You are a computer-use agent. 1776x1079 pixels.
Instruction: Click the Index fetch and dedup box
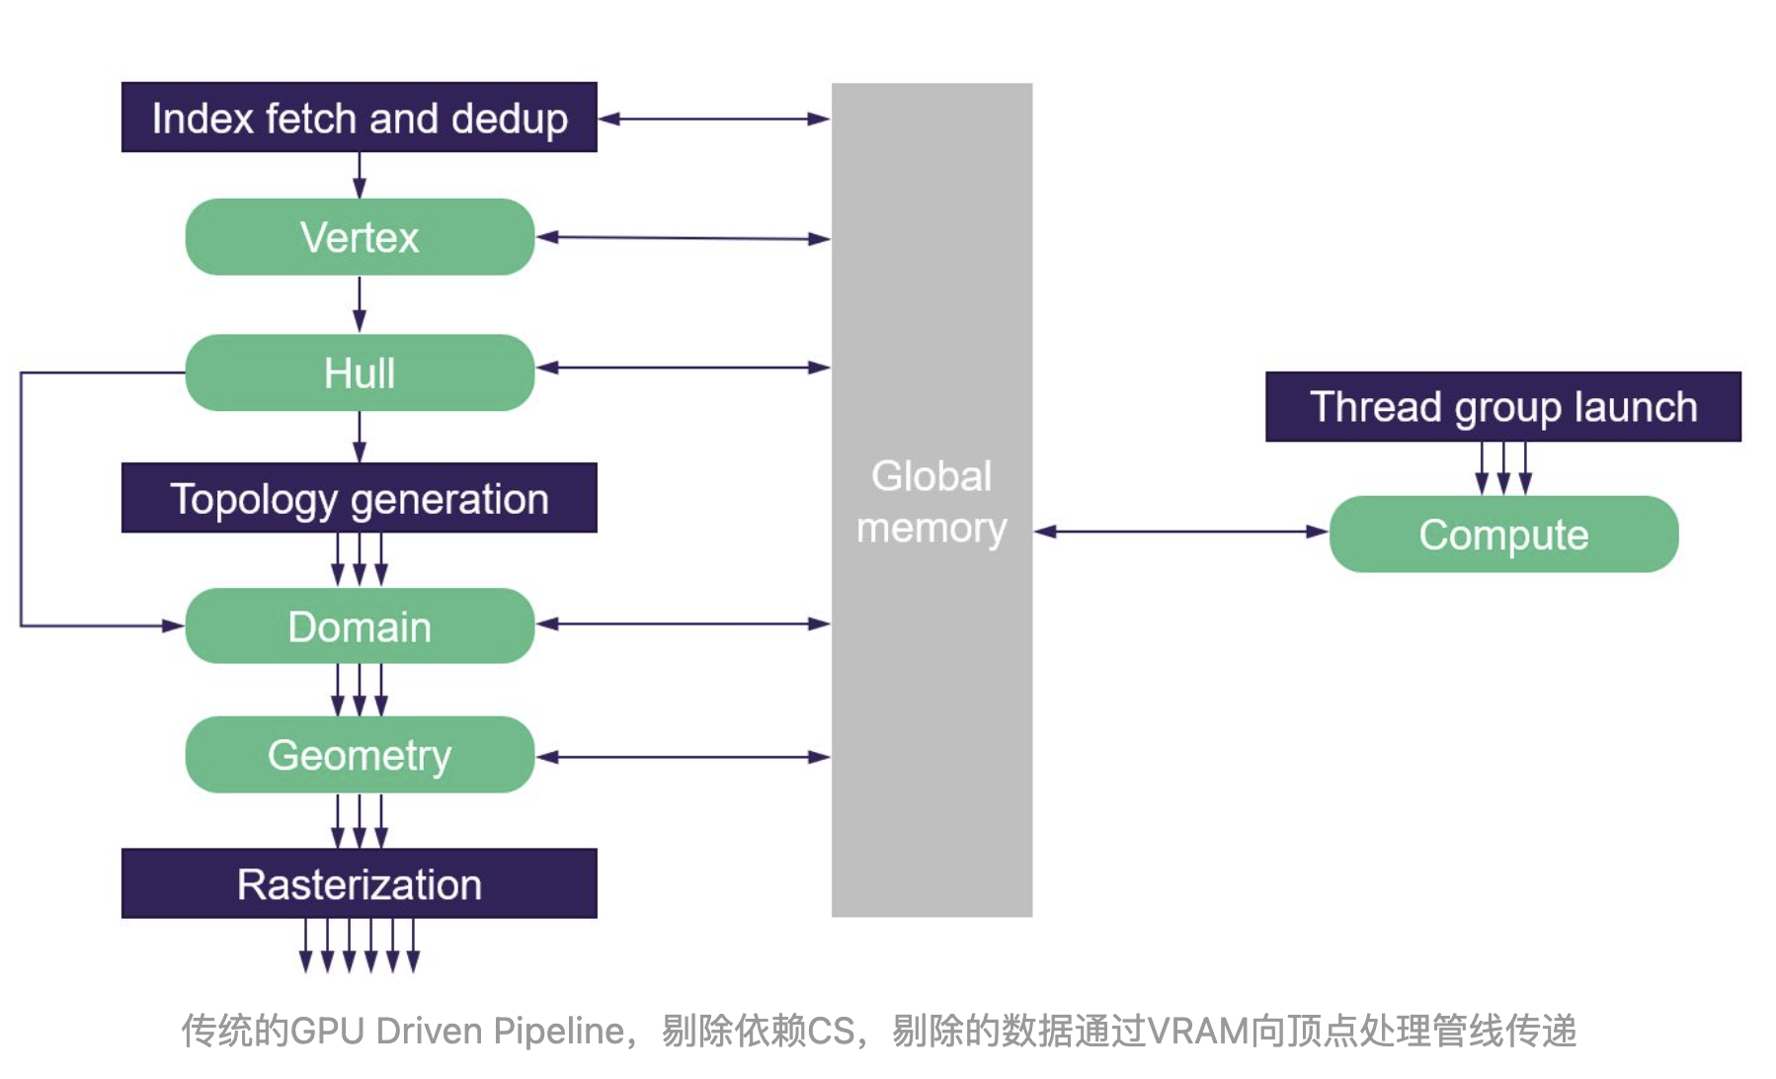[x=360, y=118]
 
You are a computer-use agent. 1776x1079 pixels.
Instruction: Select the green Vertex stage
[x=360, y=237]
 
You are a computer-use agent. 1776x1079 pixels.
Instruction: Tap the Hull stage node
[x=360, y=373]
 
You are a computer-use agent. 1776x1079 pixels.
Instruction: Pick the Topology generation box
[x=360, y=499]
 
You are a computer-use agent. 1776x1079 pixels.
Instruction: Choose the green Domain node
[x=360, y=626]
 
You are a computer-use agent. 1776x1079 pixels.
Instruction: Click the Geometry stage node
[x=360, y=755]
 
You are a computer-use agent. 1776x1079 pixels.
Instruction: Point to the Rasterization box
[x=360, y=884]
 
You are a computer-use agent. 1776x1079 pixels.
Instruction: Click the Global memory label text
[x=931, y=502]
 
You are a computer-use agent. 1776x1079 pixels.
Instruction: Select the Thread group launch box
[x=1502, y=407]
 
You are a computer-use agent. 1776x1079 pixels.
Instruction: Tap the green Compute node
[x=1503, y=535]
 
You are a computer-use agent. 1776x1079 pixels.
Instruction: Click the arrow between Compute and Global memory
[x=1181, y=532]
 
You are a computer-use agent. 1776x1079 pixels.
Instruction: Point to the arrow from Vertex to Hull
[x=360, y=304]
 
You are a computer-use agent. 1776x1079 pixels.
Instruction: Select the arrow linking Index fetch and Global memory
[x=714, y=119]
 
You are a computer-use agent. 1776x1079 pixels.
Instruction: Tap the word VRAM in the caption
[x=1197, y=1032]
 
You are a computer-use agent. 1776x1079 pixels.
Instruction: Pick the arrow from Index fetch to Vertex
[x=360, y=176]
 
